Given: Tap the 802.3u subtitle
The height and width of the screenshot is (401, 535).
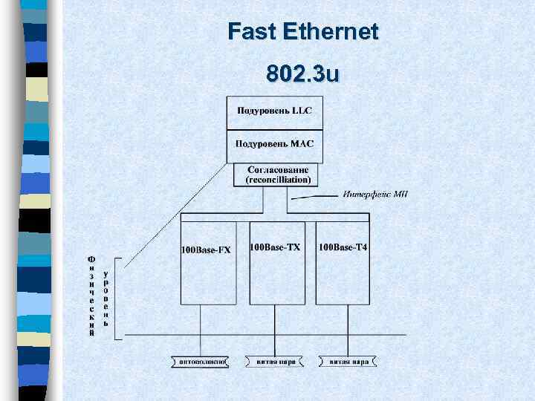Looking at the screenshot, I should (x=302, y=75).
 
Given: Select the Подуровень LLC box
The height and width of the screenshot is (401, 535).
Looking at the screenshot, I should (x=275, y=113).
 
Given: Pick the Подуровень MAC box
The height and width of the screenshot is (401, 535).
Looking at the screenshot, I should (x=275, y=146).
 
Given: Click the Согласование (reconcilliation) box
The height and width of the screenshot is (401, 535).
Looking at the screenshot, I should (x=277, y=175).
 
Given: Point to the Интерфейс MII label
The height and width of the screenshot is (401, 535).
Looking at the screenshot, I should (x=375, y=195).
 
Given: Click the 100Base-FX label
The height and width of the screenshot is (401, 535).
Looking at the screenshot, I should (x=206, y=250).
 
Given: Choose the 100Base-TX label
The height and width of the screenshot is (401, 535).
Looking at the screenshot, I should (x=275, y=247).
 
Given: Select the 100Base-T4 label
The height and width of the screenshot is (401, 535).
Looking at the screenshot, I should (x=343, y=247).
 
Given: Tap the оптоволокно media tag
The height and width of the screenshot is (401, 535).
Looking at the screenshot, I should (x=200, y=362).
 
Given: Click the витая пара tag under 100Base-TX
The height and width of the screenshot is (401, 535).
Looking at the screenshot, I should (x=275, y=362).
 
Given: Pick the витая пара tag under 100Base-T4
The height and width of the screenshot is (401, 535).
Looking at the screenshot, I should (x=348, y=362).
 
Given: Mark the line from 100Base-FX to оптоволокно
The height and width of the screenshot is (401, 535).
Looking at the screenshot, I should (x=200, y=330).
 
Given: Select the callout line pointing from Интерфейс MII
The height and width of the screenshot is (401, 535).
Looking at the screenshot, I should (x=316, y=197).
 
